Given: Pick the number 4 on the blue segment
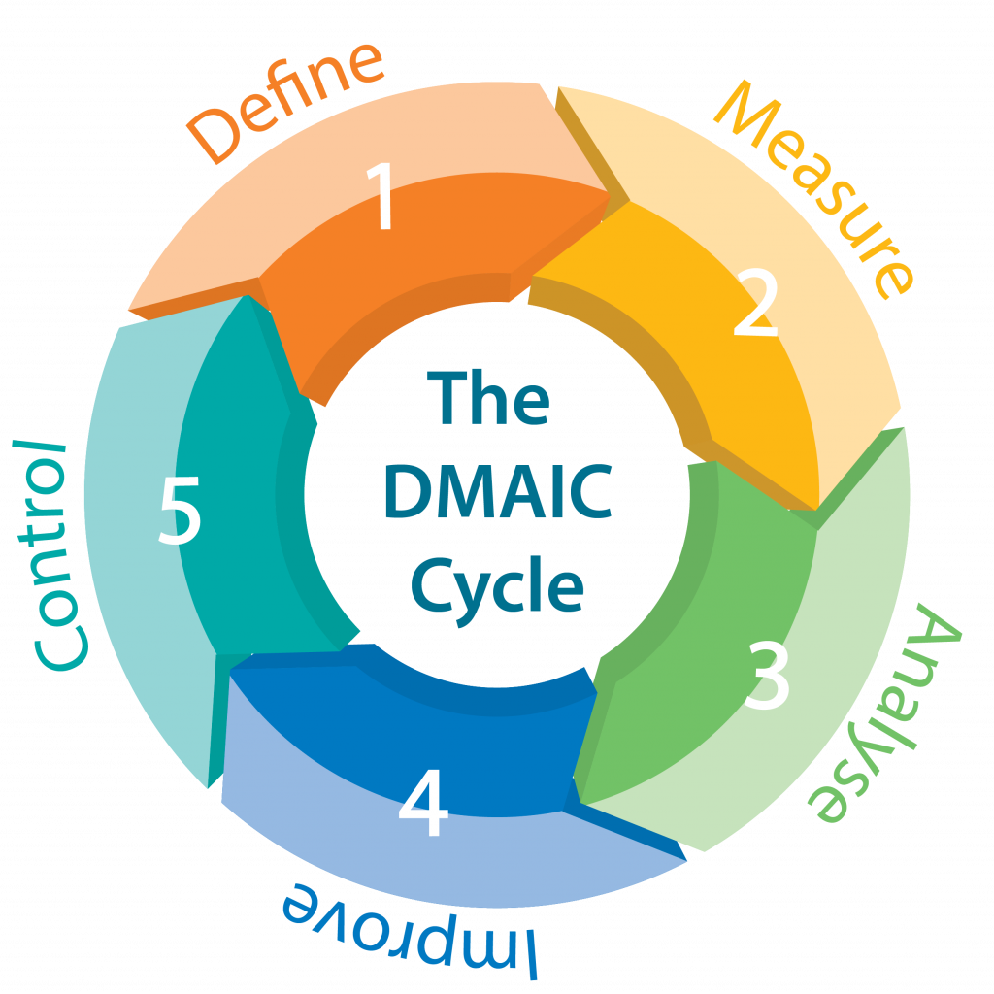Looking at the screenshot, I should tap(423, 804).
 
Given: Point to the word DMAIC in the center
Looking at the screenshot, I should tap(497, 492).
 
